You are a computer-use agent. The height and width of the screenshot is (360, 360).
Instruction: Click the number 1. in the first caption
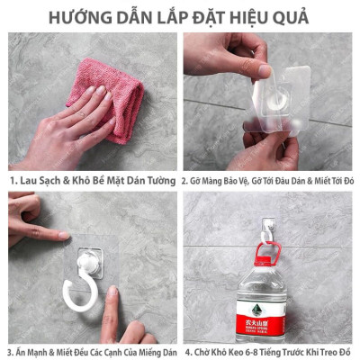pos(13,180)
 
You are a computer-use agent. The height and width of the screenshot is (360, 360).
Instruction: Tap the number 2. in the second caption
pos(186,180)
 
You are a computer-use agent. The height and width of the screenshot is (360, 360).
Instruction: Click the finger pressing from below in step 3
pos(112,315)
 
